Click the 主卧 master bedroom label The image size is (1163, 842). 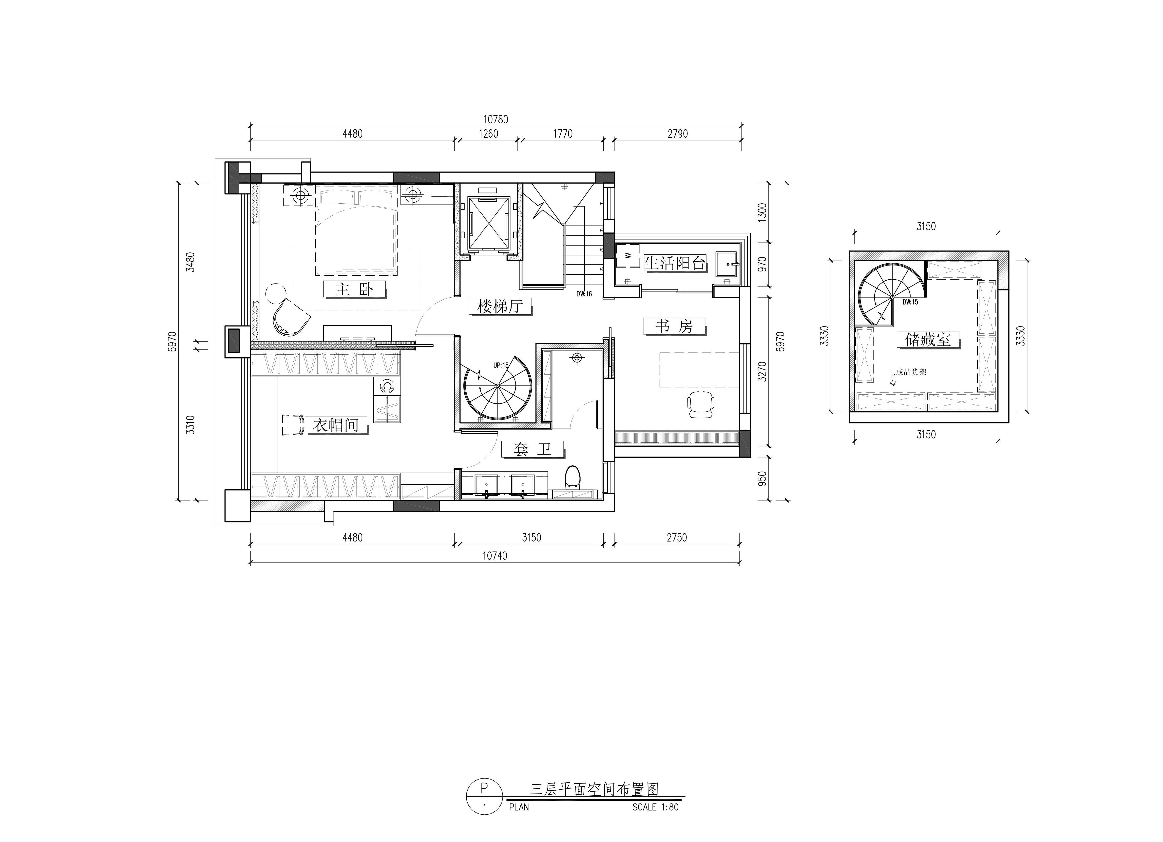pyautogui.click(x=354, y=290)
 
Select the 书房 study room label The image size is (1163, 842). pyautogui.click(x=674, y=326)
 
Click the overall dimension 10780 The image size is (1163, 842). pyautogui.click(x=495, y=119)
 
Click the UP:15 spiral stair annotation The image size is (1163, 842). pyautogui.click(x=500, y=366)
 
